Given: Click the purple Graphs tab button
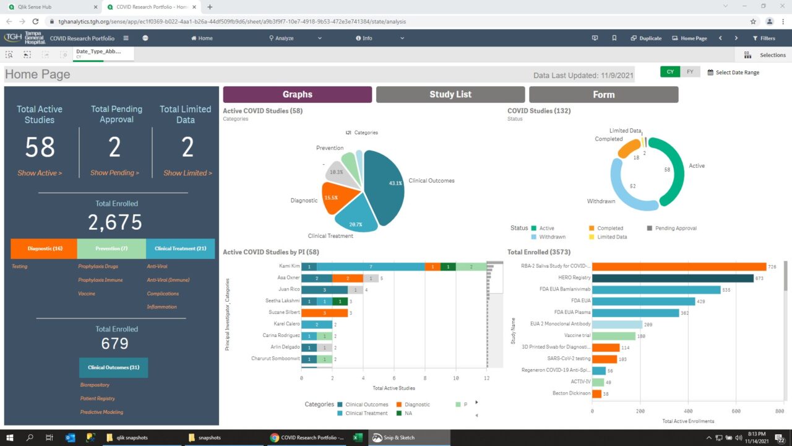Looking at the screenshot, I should click(297, 94).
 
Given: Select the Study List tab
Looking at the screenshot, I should click(450, 94).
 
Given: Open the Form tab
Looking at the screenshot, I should click(603, 94).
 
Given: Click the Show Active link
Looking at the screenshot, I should click(40, 173).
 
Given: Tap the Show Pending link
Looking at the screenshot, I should click(114, 173).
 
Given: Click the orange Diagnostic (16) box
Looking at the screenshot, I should click(45, 248).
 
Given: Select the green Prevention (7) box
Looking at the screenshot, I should click(111, 248).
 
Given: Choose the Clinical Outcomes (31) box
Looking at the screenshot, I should click(113, 367).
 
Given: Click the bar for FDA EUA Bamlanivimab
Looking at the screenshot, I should click(656, 289).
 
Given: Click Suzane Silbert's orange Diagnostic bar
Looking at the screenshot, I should click(324, 313).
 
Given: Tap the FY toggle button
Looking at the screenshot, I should click(690, 72).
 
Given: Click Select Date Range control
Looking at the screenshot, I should click(733, 72).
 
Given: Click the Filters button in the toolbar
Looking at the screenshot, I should click(764, 38).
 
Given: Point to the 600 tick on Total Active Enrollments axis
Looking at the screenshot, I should click(736, 411).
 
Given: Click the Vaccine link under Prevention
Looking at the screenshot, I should click(87, 294).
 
